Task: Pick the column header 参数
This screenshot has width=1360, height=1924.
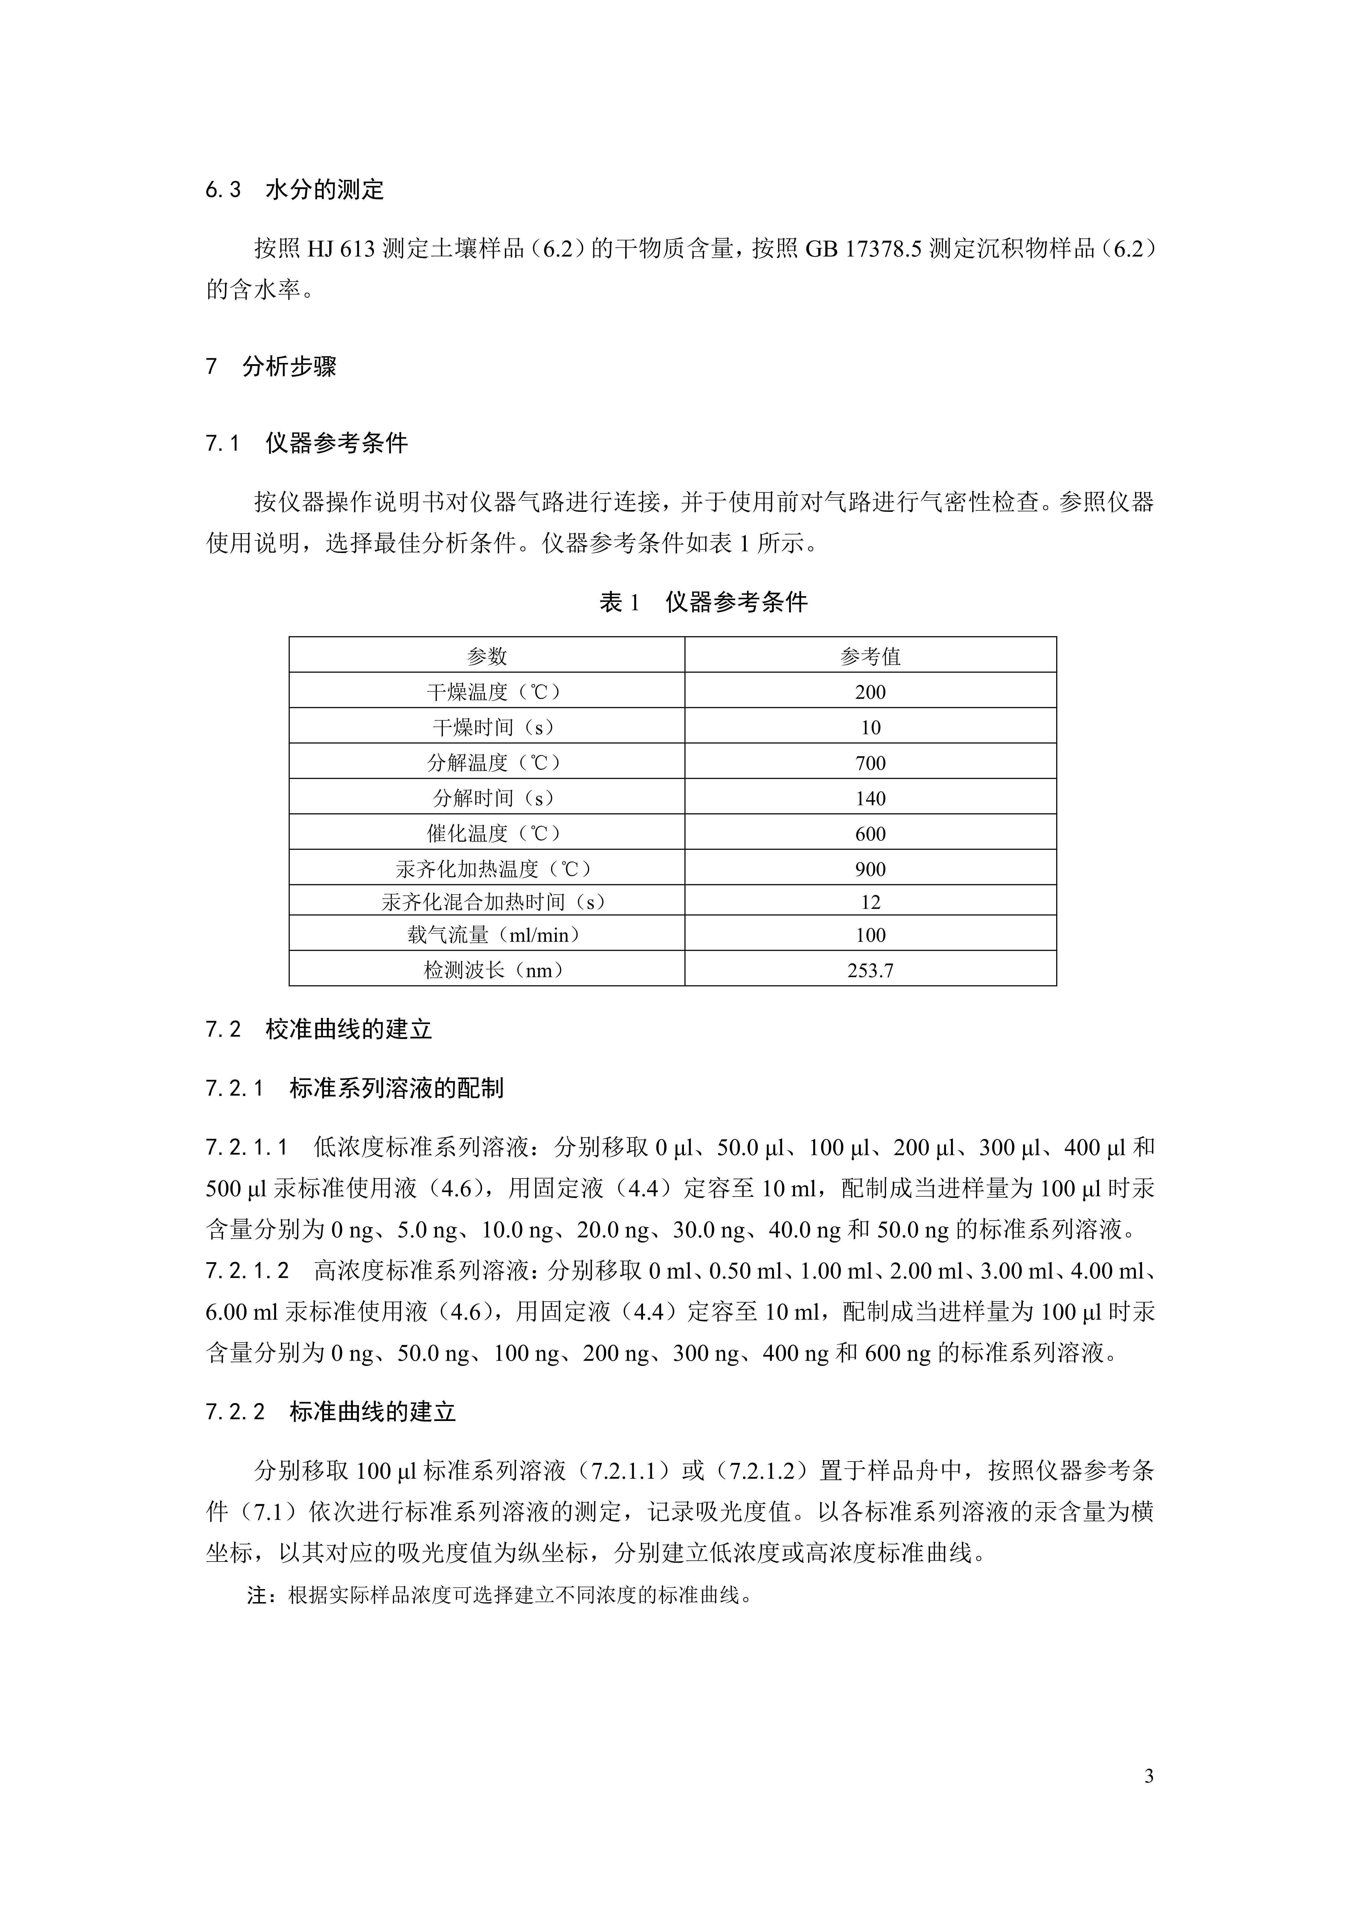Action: click(487, 656)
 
